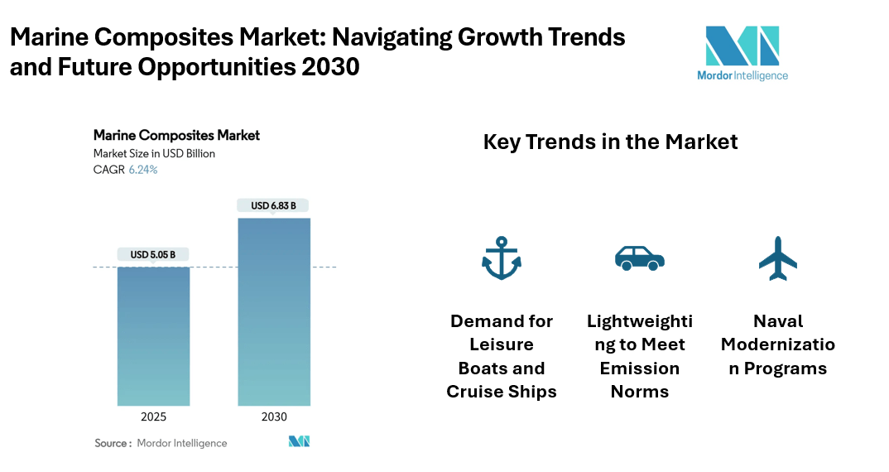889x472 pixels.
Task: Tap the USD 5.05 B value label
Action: [153, 254]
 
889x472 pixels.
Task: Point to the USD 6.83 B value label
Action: [274, 205]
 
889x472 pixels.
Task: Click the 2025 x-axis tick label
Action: [153, 417]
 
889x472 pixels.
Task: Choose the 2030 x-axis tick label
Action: [274, 417]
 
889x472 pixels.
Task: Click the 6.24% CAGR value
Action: [143, 170]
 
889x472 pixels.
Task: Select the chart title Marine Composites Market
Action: [176, 135]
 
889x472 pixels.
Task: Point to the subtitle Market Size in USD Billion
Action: [154, 153]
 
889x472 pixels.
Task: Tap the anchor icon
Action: [502, 258]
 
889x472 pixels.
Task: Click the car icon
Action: [639, 258]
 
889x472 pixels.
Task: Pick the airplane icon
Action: [778, 258]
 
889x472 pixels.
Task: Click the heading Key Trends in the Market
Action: [610, 142]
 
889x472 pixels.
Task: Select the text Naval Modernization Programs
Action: [778, 344]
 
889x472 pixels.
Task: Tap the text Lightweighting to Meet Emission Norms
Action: [639, 356]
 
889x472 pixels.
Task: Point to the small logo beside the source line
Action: [299, 442]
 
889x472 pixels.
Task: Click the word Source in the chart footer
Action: [111, 443]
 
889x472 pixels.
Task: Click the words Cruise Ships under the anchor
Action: [502, 392]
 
